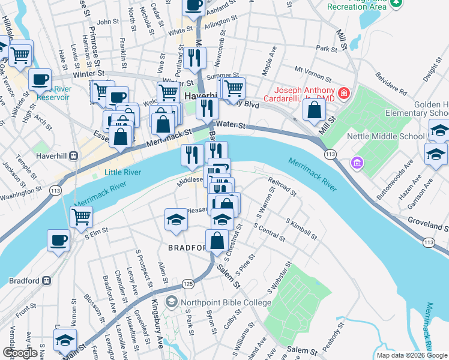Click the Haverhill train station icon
(x=74, y=156)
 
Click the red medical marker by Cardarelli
(x=343, y=93)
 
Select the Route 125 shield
(x=188, y=283)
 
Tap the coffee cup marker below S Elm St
(x=59, y=241)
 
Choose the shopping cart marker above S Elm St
(x=81, y=217)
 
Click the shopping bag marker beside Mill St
(x=314, y=110)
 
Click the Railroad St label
(x=282, y=186)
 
